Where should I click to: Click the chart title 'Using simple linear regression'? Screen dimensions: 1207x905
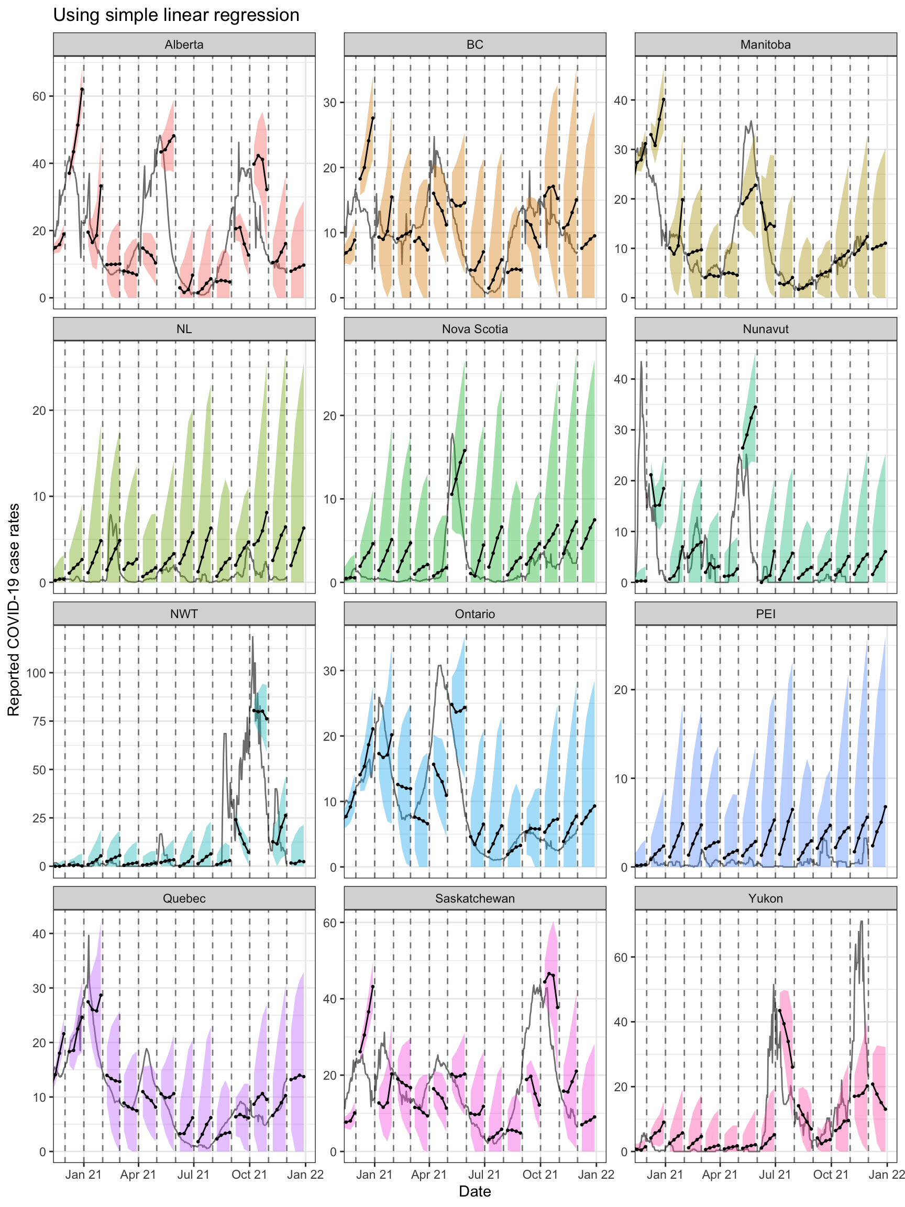(175, 15)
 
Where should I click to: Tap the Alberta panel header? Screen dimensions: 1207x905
(184, 45)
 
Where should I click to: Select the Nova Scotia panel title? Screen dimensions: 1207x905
(474, 329)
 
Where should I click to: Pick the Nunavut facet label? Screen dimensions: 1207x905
(765, 329)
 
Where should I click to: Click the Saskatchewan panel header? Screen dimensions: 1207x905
(474, 898)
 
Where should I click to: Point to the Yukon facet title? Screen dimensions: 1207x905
(765, 898)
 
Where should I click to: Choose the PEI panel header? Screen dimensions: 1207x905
(765, 614)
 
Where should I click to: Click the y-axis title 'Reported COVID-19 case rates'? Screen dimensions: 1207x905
(14, 609)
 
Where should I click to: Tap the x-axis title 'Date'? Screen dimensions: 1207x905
(474, 1191)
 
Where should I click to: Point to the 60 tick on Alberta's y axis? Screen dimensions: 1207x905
(39, 96)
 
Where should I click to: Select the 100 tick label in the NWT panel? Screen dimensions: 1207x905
(36, 673)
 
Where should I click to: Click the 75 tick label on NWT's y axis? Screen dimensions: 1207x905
(39, 721)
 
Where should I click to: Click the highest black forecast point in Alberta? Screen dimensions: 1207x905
(82, 89)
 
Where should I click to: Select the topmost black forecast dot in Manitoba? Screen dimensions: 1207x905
(664, 100)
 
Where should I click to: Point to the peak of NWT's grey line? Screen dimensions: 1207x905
(252, 637)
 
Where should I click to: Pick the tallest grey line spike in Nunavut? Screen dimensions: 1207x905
(642, 362)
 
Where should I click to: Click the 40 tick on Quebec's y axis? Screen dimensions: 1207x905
(39, 934)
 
